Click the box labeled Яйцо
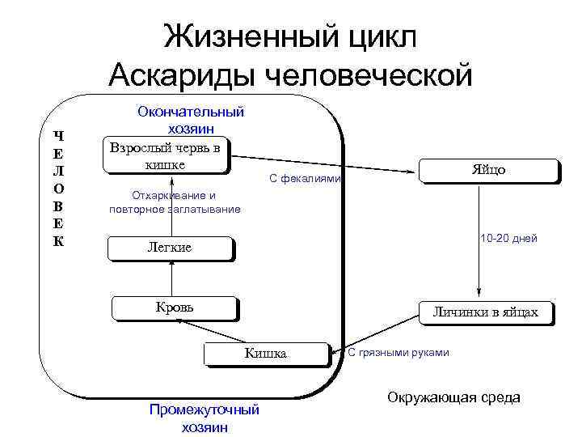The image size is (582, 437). [488, 171]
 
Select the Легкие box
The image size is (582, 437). [170, 248]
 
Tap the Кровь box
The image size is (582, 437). [174, 308]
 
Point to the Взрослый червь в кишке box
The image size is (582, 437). [166, 155]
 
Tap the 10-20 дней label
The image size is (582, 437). [508, 239]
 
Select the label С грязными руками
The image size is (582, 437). [398, 352]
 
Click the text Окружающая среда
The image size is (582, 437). [453, 397]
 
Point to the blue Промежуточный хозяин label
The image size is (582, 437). [205, 418]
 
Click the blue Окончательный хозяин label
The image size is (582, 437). [191, 120]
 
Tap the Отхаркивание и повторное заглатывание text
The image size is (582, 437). [174, 202]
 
